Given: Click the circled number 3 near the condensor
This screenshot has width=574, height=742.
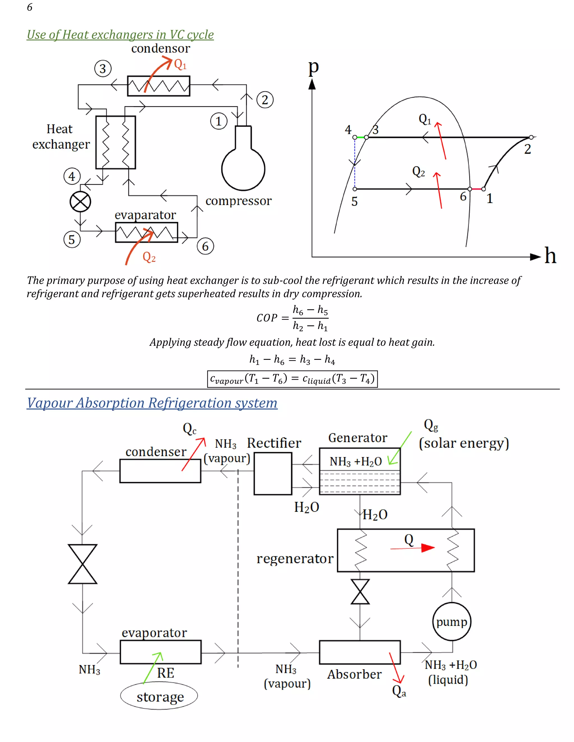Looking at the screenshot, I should click(103, 69).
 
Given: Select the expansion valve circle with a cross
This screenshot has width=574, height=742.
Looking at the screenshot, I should click(80, 202).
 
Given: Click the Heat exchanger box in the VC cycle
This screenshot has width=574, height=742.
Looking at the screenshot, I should click(116, 142).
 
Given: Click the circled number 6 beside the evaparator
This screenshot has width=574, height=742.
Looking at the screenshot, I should click(205, 246).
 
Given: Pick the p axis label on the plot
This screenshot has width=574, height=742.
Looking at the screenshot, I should click(313, 67).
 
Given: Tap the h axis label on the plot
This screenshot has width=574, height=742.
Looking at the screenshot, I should click(550, 255).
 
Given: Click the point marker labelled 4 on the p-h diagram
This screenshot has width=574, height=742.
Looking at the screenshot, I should click(355, 137).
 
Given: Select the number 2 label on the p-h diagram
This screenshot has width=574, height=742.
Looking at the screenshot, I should click(527, 149).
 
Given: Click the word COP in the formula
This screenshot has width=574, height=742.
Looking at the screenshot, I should click(267, 318).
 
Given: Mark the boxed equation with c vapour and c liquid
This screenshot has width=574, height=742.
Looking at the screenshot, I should click(292, 379).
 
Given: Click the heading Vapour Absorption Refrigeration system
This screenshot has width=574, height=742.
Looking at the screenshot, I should click(152, 403).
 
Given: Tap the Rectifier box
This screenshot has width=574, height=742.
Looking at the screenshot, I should click(273, 473).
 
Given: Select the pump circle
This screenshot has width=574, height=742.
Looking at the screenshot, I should click(452, 622).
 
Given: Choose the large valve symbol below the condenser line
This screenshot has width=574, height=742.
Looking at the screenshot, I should click(83, 564).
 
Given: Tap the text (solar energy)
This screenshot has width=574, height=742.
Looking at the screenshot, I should click(464, 443).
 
